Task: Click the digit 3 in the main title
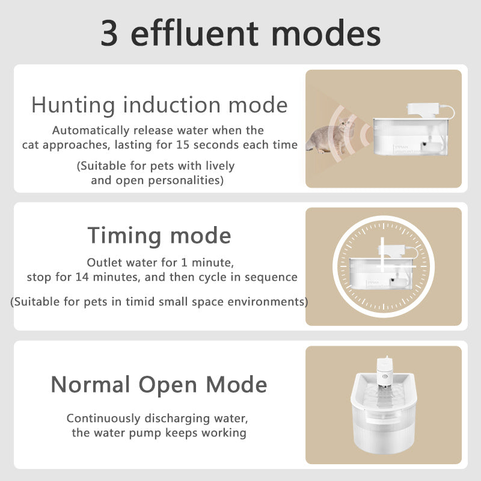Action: click(x=109, y=33)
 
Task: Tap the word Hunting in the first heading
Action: click(x=73, y=106)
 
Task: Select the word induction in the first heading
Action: click(x=172, y=105)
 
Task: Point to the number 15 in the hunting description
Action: click(x=183, y=145)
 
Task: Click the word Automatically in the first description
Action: click(x=91, y=131)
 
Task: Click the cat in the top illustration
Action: click(x=330, y=136)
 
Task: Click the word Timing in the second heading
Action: click(x=124, y=236)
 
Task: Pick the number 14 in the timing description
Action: click(x=82, y=277)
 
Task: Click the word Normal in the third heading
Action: click(x=91, y=384)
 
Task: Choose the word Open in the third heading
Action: click(x=168, y=385)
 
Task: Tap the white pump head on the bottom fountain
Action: click(x=385, y=372)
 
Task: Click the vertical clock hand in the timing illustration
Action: click(x=382, y=254)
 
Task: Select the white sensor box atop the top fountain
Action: click(x=423, y=110)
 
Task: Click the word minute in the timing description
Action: click(x=212, y=263)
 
